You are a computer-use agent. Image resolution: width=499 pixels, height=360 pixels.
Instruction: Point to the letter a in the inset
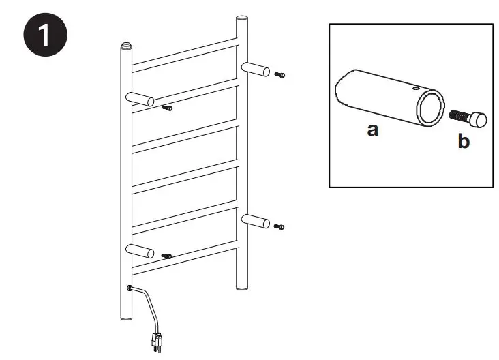372,130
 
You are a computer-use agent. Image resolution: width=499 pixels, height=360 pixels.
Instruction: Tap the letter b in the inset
464,143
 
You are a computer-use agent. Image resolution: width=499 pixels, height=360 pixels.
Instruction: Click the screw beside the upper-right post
279,74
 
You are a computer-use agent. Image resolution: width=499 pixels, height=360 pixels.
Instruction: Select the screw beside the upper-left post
167,107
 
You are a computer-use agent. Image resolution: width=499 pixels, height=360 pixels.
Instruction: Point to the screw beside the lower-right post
279,226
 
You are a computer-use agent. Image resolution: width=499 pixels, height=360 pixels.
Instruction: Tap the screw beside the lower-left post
167,256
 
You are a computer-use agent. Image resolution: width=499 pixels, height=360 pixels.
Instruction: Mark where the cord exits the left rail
129,288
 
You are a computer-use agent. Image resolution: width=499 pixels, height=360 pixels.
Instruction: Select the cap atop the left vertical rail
125,47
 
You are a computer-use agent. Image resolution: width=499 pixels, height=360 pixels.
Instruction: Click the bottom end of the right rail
241,285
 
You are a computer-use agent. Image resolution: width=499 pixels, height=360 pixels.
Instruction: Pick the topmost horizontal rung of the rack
185,55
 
